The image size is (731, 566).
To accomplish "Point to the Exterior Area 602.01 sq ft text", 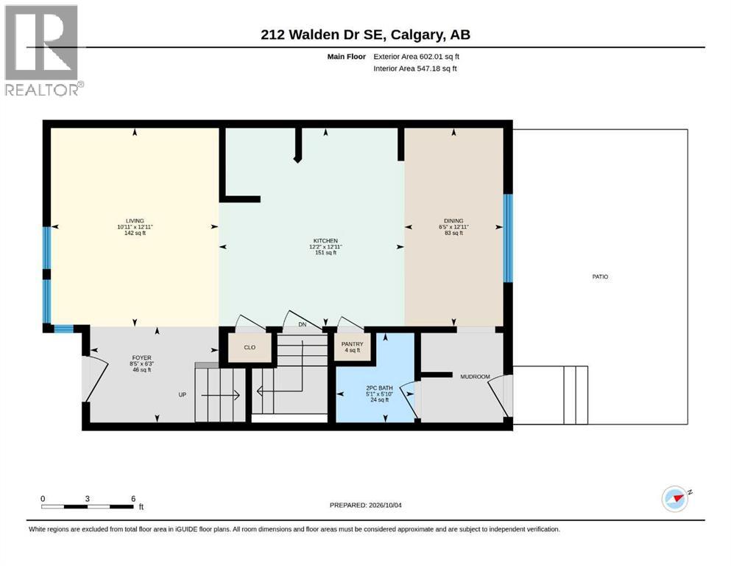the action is coord(417,57).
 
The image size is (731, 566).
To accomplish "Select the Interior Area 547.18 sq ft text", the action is coord(415,69).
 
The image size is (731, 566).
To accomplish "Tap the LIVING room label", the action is coord(135,220).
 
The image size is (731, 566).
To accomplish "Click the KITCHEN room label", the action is coord(325,241).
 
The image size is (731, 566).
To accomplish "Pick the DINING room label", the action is coord(453,220).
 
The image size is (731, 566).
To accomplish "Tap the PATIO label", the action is coord(600,276).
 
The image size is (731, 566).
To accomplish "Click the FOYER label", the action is coord(142,358).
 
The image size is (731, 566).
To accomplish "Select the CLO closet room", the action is coord(250,348).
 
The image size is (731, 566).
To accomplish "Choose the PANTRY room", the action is coord(353,347).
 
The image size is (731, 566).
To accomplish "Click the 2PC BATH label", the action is coord(379,388).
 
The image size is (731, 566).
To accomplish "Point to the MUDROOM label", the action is coord(475,377).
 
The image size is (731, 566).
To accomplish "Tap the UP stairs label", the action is coord(183,395).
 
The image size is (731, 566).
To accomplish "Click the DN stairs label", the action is coord(303,324).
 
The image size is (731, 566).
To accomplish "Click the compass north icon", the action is coord(676,498).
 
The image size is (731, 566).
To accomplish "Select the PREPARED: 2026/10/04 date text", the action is coord(365,505).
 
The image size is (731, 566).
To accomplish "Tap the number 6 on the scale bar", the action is coord(133,498).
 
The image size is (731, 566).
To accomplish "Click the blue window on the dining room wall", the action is coord(508,238).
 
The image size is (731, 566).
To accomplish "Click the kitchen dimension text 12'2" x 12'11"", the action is coord(325,246).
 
